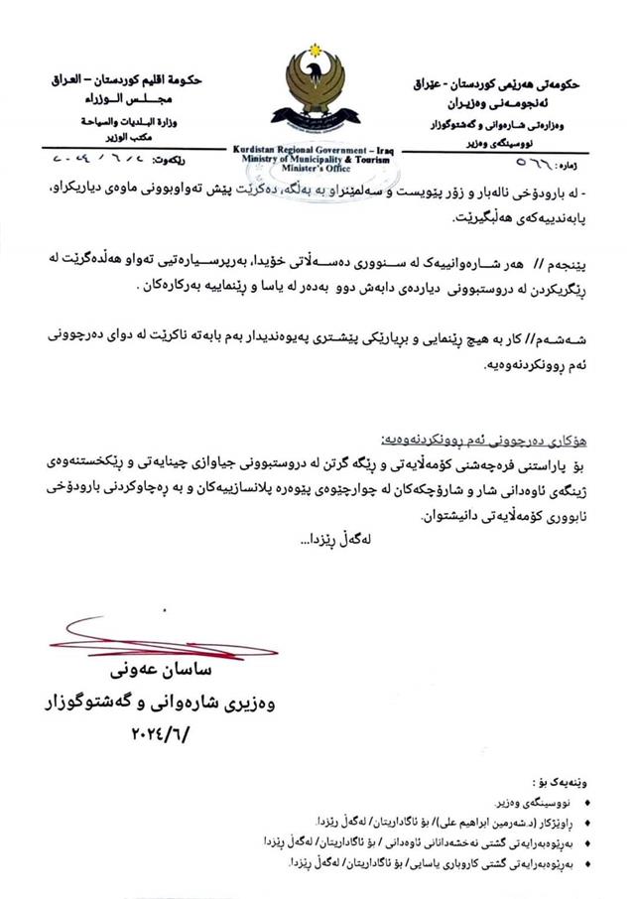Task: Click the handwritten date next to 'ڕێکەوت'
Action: tap(100, 158)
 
